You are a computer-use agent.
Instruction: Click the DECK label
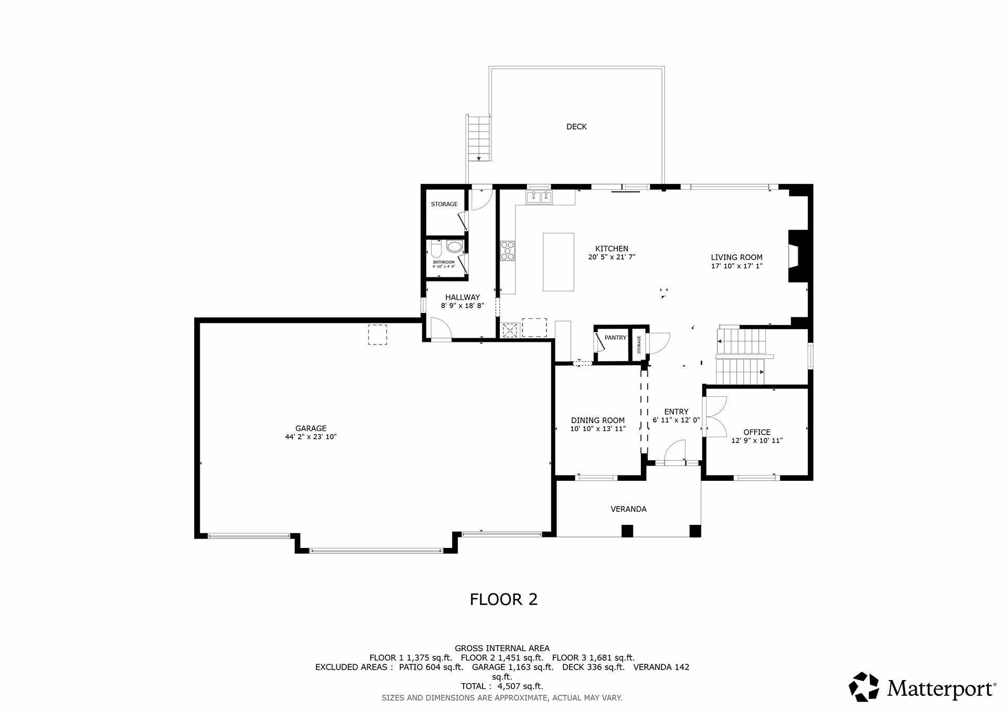coord(576,127)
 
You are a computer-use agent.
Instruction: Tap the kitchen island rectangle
coord(558,262)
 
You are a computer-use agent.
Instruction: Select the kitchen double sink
coord(540,197)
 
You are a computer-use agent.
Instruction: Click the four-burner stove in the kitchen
coord(508,251)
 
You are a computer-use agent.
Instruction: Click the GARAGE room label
coord(311,428)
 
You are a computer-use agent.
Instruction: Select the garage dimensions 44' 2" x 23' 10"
coord(311,437)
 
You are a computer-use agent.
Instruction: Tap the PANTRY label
coord(615,338)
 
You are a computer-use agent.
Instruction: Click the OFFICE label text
coord(757,432)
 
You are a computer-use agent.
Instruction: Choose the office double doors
coord(716,416)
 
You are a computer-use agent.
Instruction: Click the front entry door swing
coord(674,452)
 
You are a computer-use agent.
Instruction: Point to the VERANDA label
coord(628,509)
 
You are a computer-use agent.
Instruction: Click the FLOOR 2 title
coord(504,599)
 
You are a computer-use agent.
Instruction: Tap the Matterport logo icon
coord(864,687)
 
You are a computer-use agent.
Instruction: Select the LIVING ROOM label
coord(736,257)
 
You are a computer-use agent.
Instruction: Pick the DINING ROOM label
coord(598,420)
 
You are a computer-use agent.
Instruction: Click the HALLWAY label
coord(463,297)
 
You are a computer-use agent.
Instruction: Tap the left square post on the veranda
coord(627,531)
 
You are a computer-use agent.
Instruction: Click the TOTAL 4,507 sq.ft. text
coord(502,686)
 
